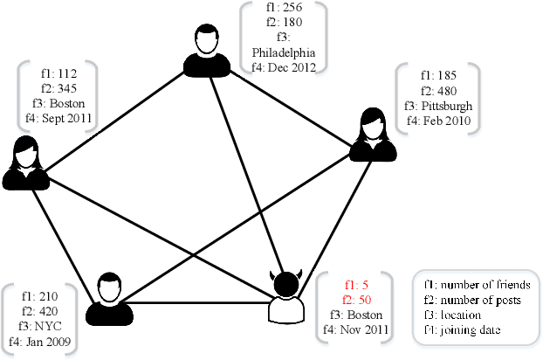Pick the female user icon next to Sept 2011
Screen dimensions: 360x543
[25, 163]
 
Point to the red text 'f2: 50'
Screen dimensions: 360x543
[356, 299]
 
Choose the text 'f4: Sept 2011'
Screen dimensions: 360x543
[57, 118]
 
